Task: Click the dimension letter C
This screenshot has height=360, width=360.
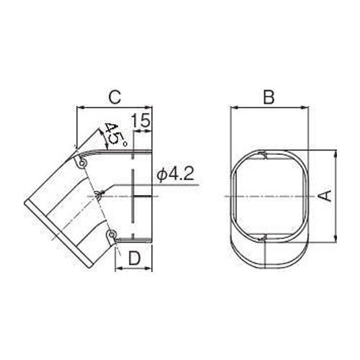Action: pos(115,97)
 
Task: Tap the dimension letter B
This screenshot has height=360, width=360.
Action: pos(269,97)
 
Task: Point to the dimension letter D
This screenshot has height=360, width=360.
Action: pos(135,258)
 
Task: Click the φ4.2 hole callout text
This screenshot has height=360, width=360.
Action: pos(176,174)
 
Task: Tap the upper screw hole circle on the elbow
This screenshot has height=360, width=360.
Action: pos(82,163)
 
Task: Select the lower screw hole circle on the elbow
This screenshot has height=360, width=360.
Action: pos(111,233)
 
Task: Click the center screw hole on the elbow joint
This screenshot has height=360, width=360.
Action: pos(99,195)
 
